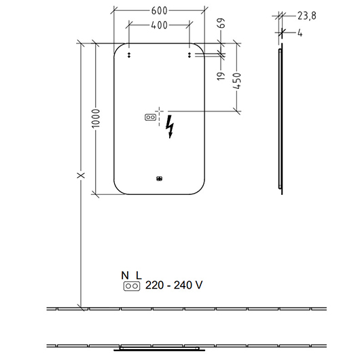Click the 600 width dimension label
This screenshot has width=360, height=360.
coord(159,11)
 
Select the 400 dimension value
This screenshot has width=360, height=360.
coord(159,25)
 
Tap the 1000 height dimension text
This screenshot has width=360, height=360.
coord(96,118)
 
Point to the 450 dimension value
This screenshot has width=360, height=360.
coord(237,81)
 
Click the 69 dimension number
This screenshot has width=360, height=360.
coord(221,23)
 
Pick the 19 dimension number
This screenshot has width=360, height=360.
coord(221,76)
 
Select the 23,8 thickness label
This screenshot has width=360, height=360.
coord(307,16)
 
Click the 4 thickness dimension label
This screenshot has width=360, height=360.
coord(300,33)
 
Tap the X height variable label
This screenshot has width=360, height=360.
coord(81,175)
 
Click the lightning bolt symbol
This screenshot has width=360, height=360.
coord(170,126)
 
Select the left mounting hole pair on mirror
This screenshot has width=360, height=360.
coord(129,55)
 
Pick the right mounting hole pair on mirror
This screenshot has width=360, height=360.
coord(190,55)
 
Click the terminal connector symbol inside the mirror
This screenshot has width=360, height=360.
coord(150,118)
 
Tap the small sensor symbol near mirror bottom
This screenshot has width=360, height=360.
coord(160,179)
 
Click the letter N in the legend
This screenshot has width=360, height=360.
coord(125,275)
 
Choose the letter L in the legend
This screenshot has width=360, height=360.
coord(139,275)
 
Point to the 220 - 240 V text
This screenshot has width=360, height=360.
coord(174,285)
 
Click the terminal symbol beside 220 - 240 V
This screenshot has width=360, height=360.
coord(132,286)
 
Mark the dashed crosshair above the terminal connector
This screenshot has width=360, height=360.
coord(160,112)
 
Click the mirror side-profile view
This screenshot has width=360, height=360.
coord(281,119)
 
